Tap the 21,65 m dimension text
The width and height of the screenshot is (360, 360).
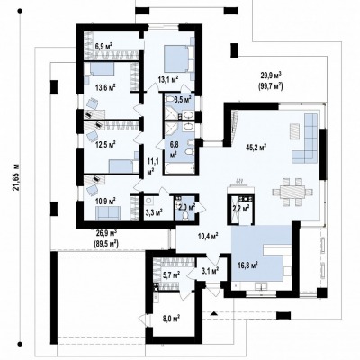(x=17, y=177)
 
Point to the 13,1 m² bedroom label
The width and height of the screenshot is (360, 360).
(x=168, y=79)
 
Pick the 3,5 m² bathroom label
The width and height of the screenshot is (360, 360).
(x=183, y=99)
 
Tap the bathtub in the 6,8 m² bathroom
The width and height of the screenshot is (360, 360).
(x=179, y=168)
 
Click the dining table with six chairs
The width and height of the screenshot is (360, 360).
(x=292, y=192)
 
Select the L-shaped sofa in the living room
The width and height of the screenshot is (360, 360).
(x=306, y=138)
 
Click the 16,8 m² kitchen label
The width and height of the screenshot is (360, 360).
(x=247, y=265)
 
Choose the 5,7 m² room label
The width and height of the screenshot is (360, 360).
(x=170, y=274)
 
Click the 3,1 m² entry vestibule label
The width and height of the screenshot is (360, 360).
(x=210, y=271)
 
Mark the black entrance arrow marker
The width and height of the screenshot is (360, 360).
(x=213, y=314)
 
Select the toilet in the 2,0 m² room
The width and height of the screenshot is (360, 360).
(x=185, y=216)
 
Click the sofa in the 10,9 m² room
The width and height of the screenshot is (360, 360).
(x=108, y=213)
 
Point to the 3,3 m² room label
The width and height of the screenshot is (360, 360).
(x=154, y=212)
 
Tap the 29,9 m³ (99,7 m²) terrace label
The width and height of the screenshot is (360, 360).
(x=271, y=81)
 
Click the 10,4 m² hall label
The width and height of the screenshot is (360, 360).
(x=208, y=236)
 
